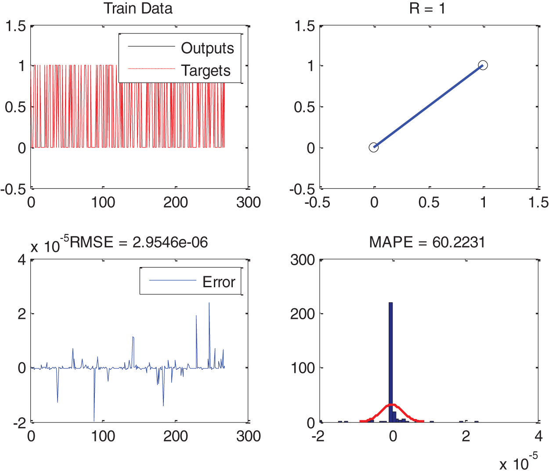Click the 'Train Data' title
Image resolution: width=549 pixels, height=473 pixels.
(x=138, y=8)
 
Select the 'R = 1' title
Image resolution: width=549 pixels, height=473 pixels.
(x=427, y=8)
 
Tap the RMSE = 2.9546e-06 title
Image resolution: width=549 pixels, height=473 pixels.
(x=139, y=242)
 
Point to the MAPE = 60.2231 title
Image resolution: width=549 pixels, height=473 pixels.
(x=427, y=242)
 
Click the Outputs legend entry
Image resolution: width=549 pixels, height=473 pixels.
(x=207, y=48)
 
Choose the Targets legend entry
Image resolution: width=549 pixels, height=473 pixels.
(x=206, y=70)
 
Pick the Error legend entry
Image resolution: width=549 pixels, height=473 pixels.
(x=218, y=282)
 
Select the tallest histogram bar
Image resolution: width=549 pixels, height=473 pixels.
(x=390, y=360)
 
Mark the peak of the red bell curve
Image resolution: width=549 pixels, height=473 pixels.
(x=393, y=404)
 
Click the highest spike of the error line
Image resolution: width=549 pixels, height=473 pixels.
(x=209, y=303)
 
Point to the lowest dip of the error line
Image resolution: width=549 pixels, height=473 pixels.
(x=94, y=420)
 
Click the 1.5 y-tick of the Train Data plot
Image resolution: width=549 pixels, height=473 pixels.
(x=15, y=26)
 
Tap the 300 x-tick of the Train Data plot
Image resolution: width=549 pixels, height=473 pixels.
(x=248, y=202)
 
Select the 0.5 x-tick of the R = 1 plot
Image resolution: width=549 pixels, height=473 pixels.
(x=429, y=202)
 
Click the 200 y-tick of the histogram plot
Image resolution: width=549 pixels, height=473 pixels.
(x=302, y=314)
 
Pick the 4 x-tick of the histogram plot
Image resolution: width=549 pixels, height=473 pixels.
(x=538, y=436)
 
